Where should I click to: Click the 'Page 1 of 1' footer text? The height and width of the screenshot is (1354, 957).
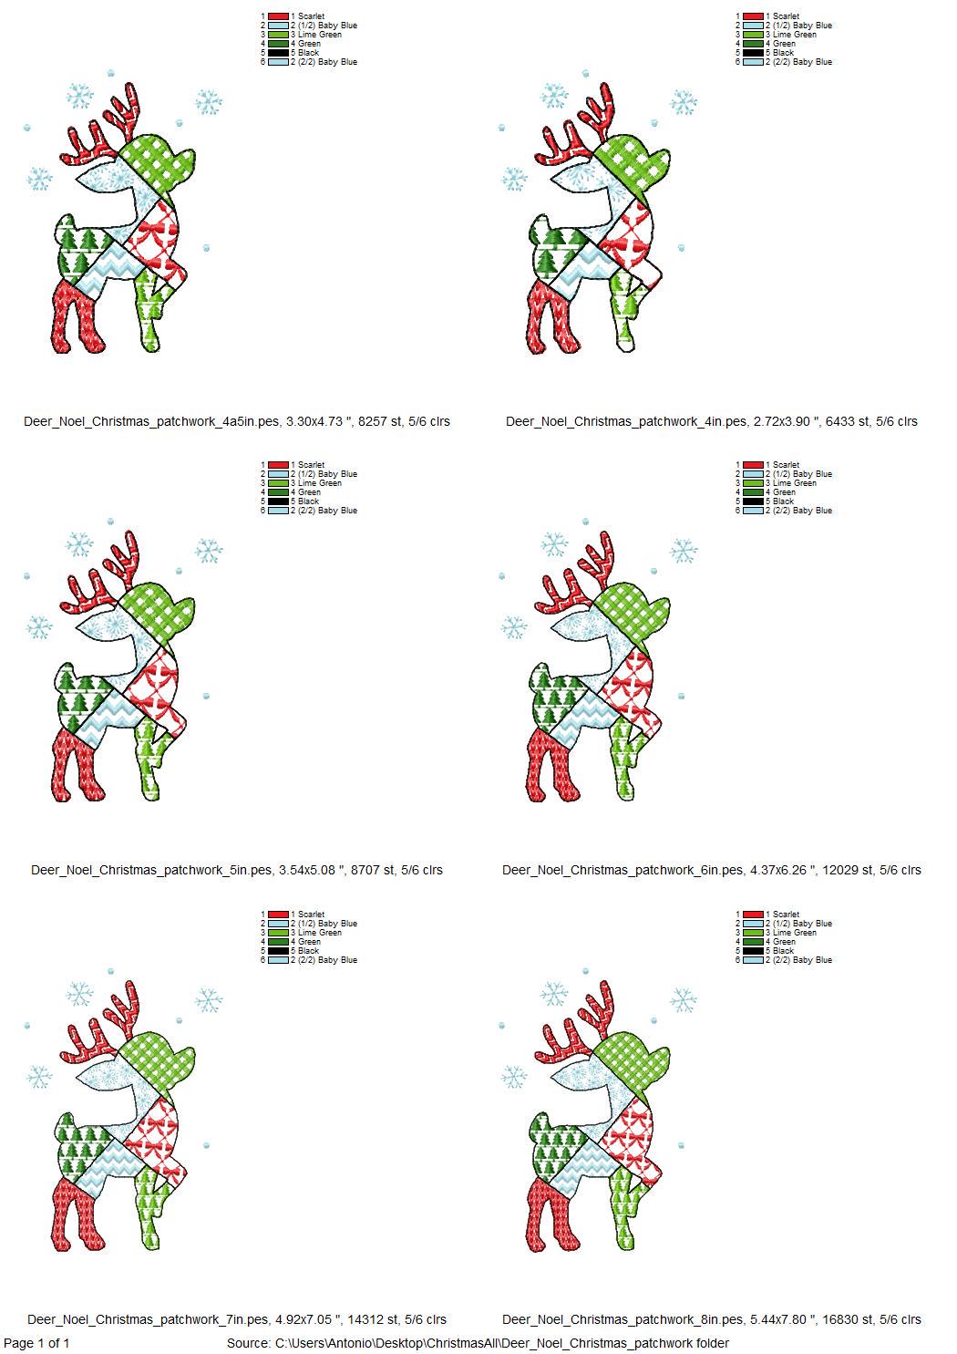(37, 1343)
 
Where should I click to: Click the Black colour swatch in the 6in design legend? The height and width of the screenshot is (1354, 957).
(753, 501)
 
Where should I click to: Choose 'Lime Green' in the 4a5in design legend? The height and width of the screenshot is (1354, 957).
(320, 35)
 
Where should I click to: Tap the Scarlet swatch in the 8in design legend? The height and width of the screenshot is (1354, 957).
(753, 915)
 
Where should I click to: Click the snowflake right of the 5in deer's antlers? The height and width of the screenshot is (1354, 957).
(209, 551)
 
